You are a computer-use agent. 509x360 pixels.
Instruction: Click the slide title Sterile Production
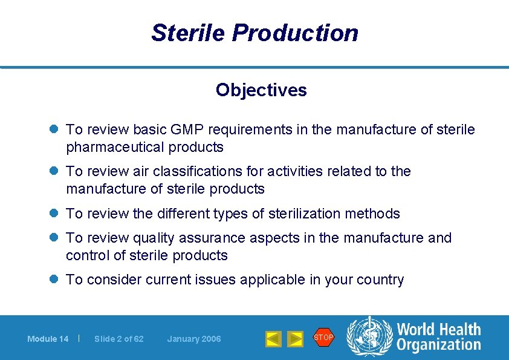(x=254, y=33)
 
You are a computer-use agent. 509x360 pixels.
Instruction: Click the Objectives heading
(x=261, y=90)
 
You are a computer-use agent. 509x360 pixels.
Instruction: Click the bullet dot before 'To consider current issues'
(x=54, y=280)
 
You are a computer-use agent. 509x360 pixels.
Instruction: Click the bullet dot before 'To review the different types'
(x=54, y=214)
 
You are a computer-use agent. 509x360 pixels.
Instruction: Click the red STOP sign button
(x=323, y=337)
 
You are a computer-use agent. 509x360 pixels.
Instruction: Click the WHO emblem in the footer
(x=369, y=338)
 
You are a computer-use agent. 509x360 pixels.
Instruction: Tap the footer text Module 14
(x=48, y=339)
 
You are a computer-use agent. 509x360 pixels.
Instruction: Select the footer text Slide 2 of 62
(x=119, y=339)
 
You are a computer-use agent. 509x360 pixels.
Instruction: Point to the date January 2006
(x=194, y=339)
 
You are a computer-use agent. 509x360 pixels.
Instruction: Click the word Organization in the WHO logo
(x=438, y=345)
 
